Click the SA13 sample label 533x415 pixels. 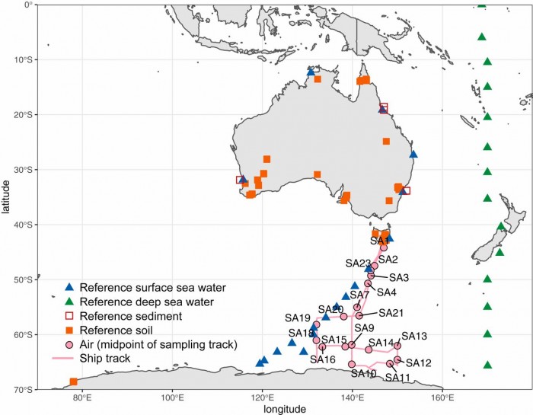click(x=415, y=336)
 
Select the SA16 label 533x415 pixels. click(x=322, y=359)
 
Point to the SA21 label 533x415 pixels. click(x=391, y=313)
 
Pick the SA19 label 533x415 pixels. click(x=298, y=318)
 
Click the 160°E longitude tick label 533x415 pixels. click(x=442, y=397)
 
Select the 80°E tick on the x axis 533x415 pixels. click(x=82, y=397)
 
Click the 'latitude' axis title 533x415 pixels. click(x=7, y=196)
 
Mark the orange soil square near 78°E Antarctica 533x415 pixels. click(x=73, y=381)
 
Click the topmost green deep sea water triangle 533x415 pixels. click(x=481, y=4)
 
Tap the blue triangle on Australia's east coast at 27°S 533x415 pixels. click(x=413, y=154)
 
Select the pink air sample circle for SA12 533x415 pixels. click(x=397, y=359)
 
